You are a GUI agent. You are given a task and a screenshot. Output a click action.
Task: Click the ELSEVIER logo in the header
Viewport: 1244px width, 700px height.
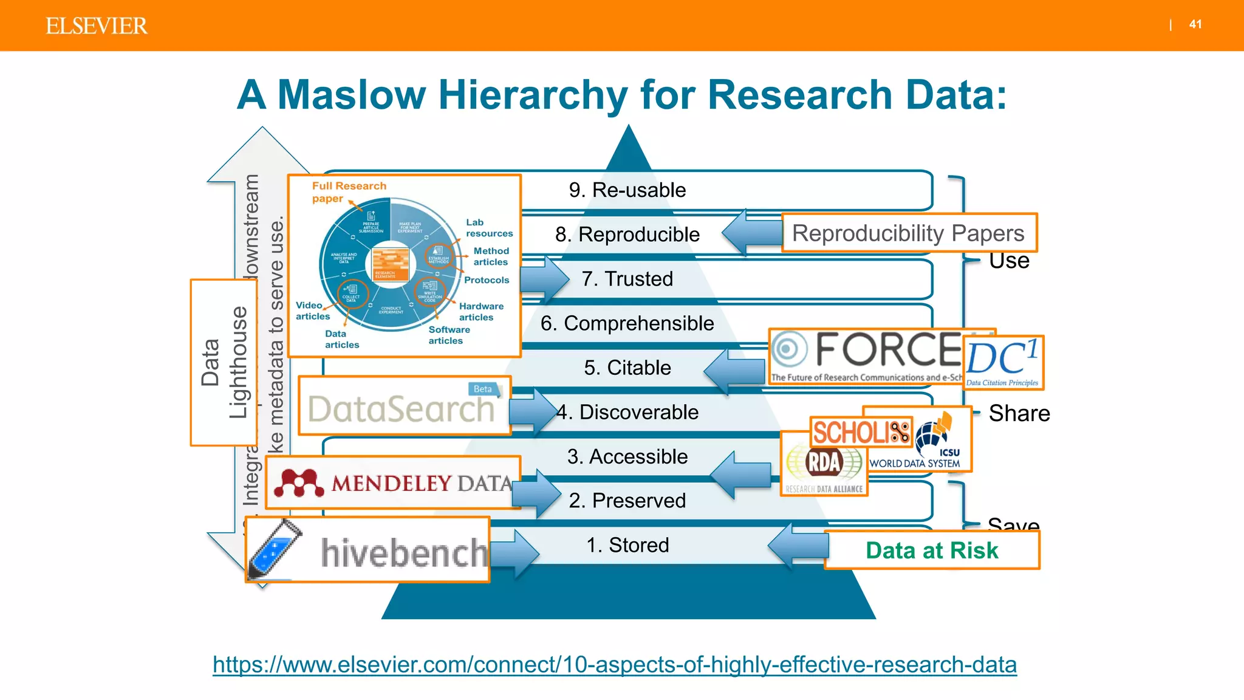[x=96, y=26]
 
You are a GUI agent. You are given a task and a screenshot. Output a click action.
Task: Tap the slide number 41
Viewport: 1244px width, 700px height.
[x=1195, y=24]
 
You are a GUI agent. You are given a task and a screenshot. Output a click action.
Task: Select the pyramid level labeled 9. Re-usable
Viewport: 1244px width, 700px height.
[x=627, y=190]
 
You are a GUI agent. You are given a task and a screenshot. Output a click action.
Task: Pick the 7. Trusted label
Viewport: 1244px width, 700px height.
[x=627, y=279]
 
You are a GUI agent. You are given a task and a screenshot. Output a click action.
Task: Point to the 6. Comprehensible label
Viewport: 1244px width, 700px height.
[x=627, y=323]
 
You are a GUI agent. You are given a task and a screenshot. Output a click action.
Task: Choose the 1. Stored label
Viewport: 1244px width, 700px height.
[x=627, y=545]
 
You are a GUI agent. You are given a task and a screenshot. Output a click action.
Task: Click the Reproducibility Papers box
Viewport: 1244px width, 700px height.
[x=908, y=233]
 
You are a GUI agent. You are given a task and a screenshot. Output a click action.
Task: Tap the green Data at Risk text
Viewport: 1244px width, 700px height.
[x=931, y=551]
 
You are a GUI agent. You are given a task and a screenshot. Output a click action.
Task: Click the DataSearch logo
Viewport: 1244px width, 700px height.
[x=403, y=407]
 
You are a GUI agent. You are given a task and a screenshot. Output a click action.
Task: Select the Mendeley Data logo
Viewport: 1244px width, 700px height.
[x=394, y=482]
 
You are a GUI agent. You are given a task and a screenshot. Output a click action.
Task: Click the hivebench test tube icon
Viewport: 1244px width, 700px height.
[x=275, y=549]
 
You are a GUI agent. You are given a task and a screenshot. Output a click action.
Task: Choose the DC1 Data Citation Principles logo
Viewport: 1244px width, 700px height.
[x=1003, y=363]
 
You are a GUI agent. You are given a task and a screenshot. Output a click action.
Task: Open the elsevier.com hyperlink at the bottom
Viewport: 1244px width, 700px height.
[x=614, y=665]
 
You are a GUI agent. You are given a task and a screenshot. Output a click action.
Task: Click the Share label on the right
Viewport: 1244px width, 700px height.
[x=1019, y=413]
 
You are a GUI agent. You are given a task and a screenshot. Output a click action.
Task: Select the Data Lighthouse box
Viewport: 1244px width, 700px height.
[x=223, y=363]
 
